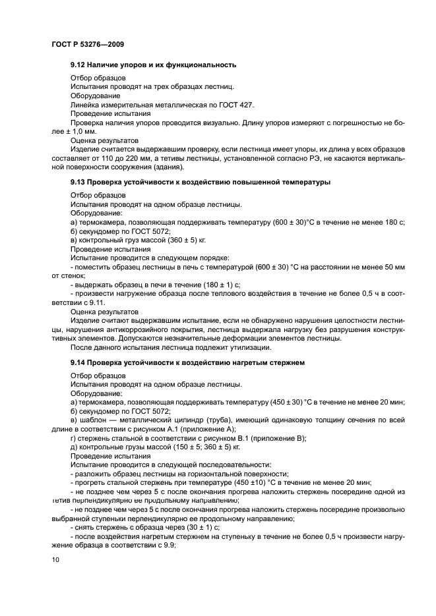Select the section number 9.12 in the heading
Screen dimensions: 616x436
pyautogui.click(x=78, y=65)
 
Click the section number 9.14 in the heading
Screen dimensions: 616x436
pyautogui.click(x=78, y=362)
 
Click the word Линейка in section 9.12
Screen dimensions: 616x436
pyautogui.click(x=85, y=105)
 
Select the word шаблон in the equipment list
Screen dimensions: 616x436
pyautogui.click(x=93, y=419)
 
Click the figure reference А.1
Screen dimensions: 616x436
pyautogui.click(x=174, y=428)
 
